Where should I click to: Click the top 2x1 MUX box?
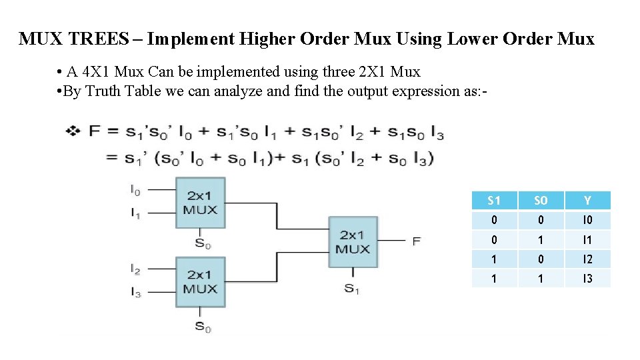pyautogui.click(x=200, y=203)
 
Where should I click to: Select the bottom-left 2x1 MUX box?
pyautogui.click(x=200, y=281)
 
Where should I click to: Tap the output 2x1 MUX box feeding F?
pyautogui.click(x=352, y=242)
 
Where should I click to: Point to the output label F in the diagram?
pyautogui.click(x=416, y=241)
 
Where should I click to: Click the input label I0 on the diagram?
pyautogui.click(x=135, y=190)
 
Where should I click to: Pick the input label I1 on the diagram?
pyautogui.click(x=135, y=214)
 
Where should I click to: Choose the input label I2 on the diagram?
pyautogui.click(x=135, y=269)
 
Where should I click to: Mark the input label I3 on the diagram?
pyautogui.click(x=135, y=293)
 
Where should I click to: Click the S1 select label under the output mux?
pyautogui.click(x=351, y=289)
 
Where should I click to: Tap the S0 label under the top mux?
pyautogui.click(x=203, y=243)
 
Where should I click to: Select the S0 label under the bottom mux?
pyautogui.click(x=203, y=326)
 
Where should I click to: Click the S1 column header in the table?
pyautogui.click(x=494, y=201)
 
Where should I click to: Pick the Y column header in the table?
pyautogui.click(x=587, y=201)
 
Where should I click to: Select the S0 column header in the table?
pyautogui.click(x=540, y=201)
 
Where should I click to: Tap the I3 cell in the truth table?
pyautogui.click(x=587, y=279)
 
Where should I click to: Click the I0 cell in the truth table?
pyautogui.click(x=587, y=221)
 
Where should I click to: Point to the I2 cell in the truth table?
pyautogui.click(x=587, y=259)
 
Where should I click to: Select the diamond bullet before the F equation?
pyautogui.click(x=73, y=131)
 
